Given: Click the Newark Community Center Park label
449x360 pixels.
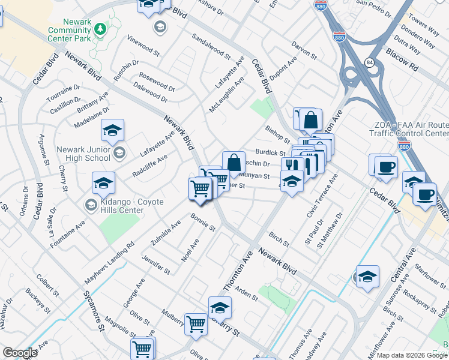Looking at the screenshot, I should point(70,30).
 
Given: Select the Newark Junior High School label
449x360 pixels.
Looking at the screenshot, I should point(83,154).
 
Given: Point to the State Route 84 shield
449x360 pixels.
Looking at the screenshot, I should point(367,62).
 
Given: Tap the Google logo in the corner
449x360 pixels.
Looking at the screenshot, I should point(19,353).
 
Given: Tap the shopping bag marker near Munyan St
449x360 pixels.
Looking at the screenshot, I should point(234,162).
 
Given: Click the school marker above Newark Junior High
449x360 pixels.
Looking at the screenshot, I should point(112,130).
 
